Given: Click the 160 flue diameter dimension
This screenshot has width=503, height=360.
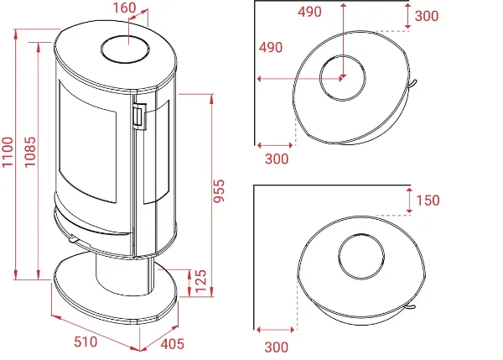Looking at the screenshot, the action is point(124,8).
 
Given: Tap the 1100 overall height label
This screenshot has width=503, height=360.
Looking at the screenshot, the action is point(8,152).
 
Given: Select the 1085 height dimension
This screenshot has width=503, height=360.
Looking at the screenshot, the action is point(30,152).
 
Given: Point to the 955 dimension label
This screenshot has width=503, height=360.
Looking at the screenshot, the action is point(220,191).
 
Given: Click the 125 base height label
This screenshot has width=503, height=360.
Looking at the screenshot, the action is point(200,281).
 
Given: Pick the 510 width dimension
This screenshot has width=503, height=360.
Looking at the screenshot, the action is point(86,342).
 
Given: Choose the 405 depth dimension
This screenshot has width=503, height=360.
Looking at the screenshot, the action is point(172,344).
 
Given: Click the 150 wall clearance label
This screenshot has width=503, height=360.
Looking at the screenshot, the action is point(428,201).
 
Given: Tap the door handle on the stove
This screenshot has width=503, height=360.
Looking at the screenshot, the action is point(139,117).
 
